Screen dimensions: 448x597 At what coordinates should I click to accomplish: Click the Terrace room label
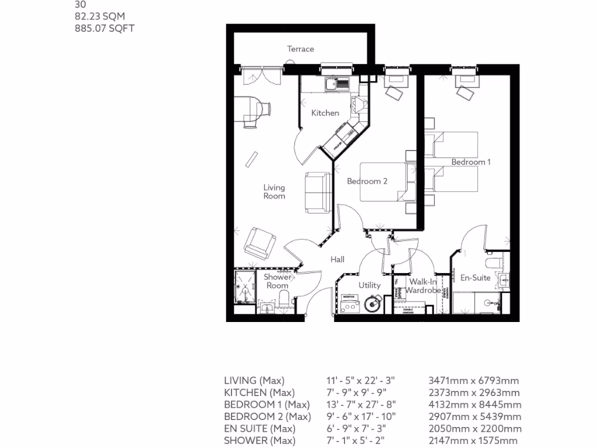300,49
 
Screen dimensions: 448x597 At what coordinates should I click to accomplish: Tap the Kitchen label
325,113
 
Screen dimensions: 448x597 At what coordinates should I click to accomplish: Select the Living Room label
274,192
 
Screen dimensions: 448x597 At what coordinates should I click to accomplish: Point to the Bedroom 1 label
470,162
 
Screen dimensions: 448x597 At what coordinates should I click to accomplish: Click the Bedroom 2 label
367,181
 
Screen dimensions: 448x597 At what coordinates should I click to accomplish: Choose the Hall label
338,260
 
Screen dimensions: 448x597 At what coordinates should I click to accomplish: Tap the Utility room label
369,285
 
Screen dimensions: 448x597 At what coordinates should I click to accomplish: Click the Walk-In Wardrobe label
423,286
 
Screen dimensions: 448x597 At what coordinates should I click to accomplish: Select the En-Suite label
475,278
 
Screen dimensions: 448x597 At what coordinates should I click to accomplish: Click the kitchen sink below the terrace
337,84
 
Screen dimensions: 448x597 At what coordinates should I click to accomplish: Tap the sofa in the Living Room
317,192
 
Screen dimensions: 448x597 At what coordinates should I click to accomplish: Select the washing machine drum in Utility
370,304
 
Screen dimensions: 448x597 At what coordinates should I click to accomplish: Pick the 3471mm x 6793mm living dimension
473,380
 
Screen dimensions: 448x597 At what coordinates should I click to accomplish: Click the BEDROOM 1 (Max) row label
266,404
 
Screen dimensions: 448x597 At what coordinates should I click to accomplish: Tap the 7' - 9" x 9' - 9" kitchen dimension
356,393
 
